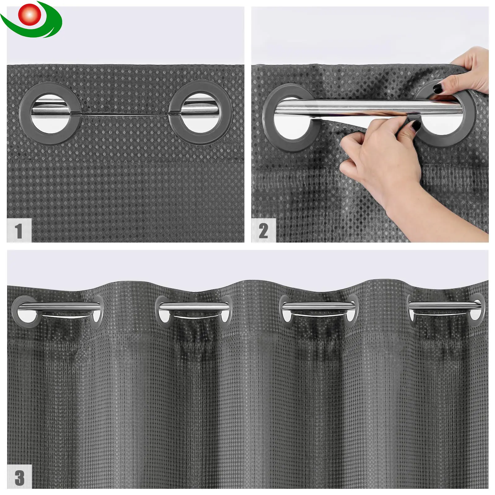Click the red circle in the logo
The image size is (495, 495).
[29, 14]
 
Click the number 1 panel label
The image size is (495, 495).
[19, 230]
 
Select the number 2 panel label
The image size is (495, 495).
[263, 231]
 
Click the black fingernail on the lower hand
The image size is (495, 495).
[416, 125]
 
